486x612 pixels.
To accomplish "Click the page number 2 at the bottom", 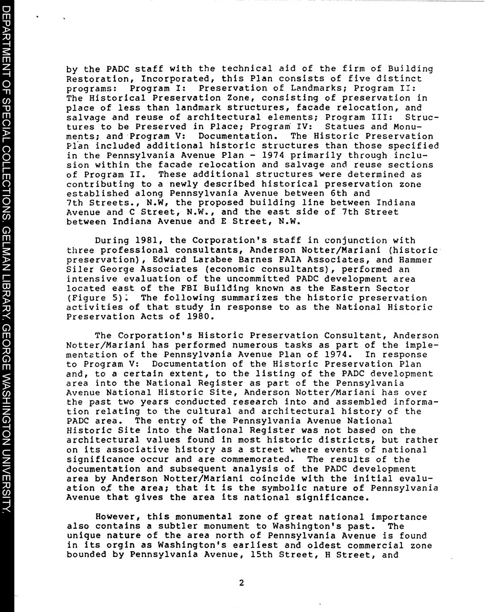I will click(241, 583).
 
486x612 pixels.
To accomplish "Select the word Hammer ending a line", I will click(415, 260).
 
